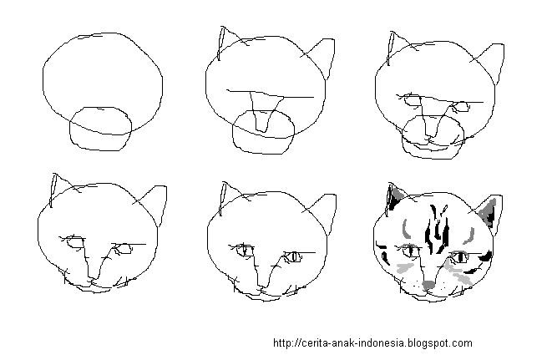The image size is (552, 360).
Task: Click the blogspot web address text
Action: pos(372,342)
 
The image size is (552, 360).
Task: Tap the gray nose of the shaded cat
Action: pos(428,285)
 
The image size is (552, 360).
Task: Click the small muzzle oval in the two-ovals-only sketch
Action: pos(101,129)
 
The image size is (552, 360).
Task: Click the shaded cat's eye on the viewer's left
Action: pos(410,251)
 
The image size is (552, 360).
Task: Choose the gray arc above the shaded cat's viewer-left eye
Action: pos(404,229)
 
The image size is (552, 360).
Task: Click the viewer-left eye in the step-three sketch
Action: pos(412,100)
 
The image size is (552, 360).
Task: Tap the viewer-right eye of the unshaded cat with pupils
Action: pos(293,256)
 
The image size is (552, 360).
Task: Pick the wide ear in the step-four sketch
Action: pos(150,205)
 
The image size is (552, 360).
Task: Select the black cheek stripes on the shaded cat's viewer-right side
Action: pos(479,262)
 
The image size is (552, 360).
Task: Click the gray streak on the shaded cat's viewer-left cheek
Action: pos(405,268)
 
